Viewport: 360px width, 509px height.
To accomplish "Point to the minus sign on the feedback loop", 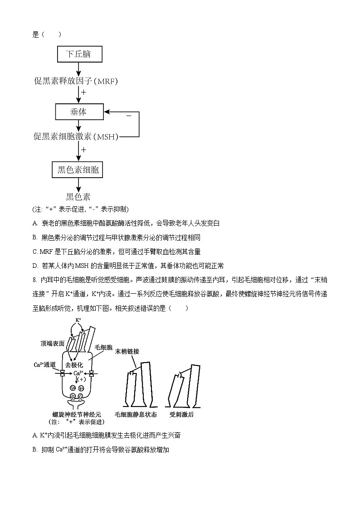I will [x=129, y=116].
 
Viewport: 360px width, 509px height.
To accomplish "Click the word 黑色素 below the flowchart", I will [x=78, y=196].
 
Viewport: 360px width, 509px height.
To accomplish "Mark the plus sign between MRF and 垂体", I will [x=83, y=92].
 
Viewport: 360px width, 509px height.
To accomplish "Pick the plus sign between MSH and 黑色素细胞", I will [x=83, y=149].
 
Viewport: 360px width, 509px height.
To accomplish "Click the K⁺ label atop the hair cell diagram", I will [x=78, y=320].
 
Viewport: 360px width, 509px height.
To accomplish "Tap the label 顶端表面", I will [x=52, y=344].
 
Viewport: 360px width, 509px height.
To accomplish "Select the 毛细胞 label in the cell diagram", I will [x=103, y=347].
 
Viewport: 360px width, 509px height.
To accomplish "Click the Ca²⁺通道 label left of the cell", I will [x=45, y=364].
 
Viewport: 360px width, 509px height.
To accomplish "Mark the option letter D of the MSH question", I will [x=35, y=266].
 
